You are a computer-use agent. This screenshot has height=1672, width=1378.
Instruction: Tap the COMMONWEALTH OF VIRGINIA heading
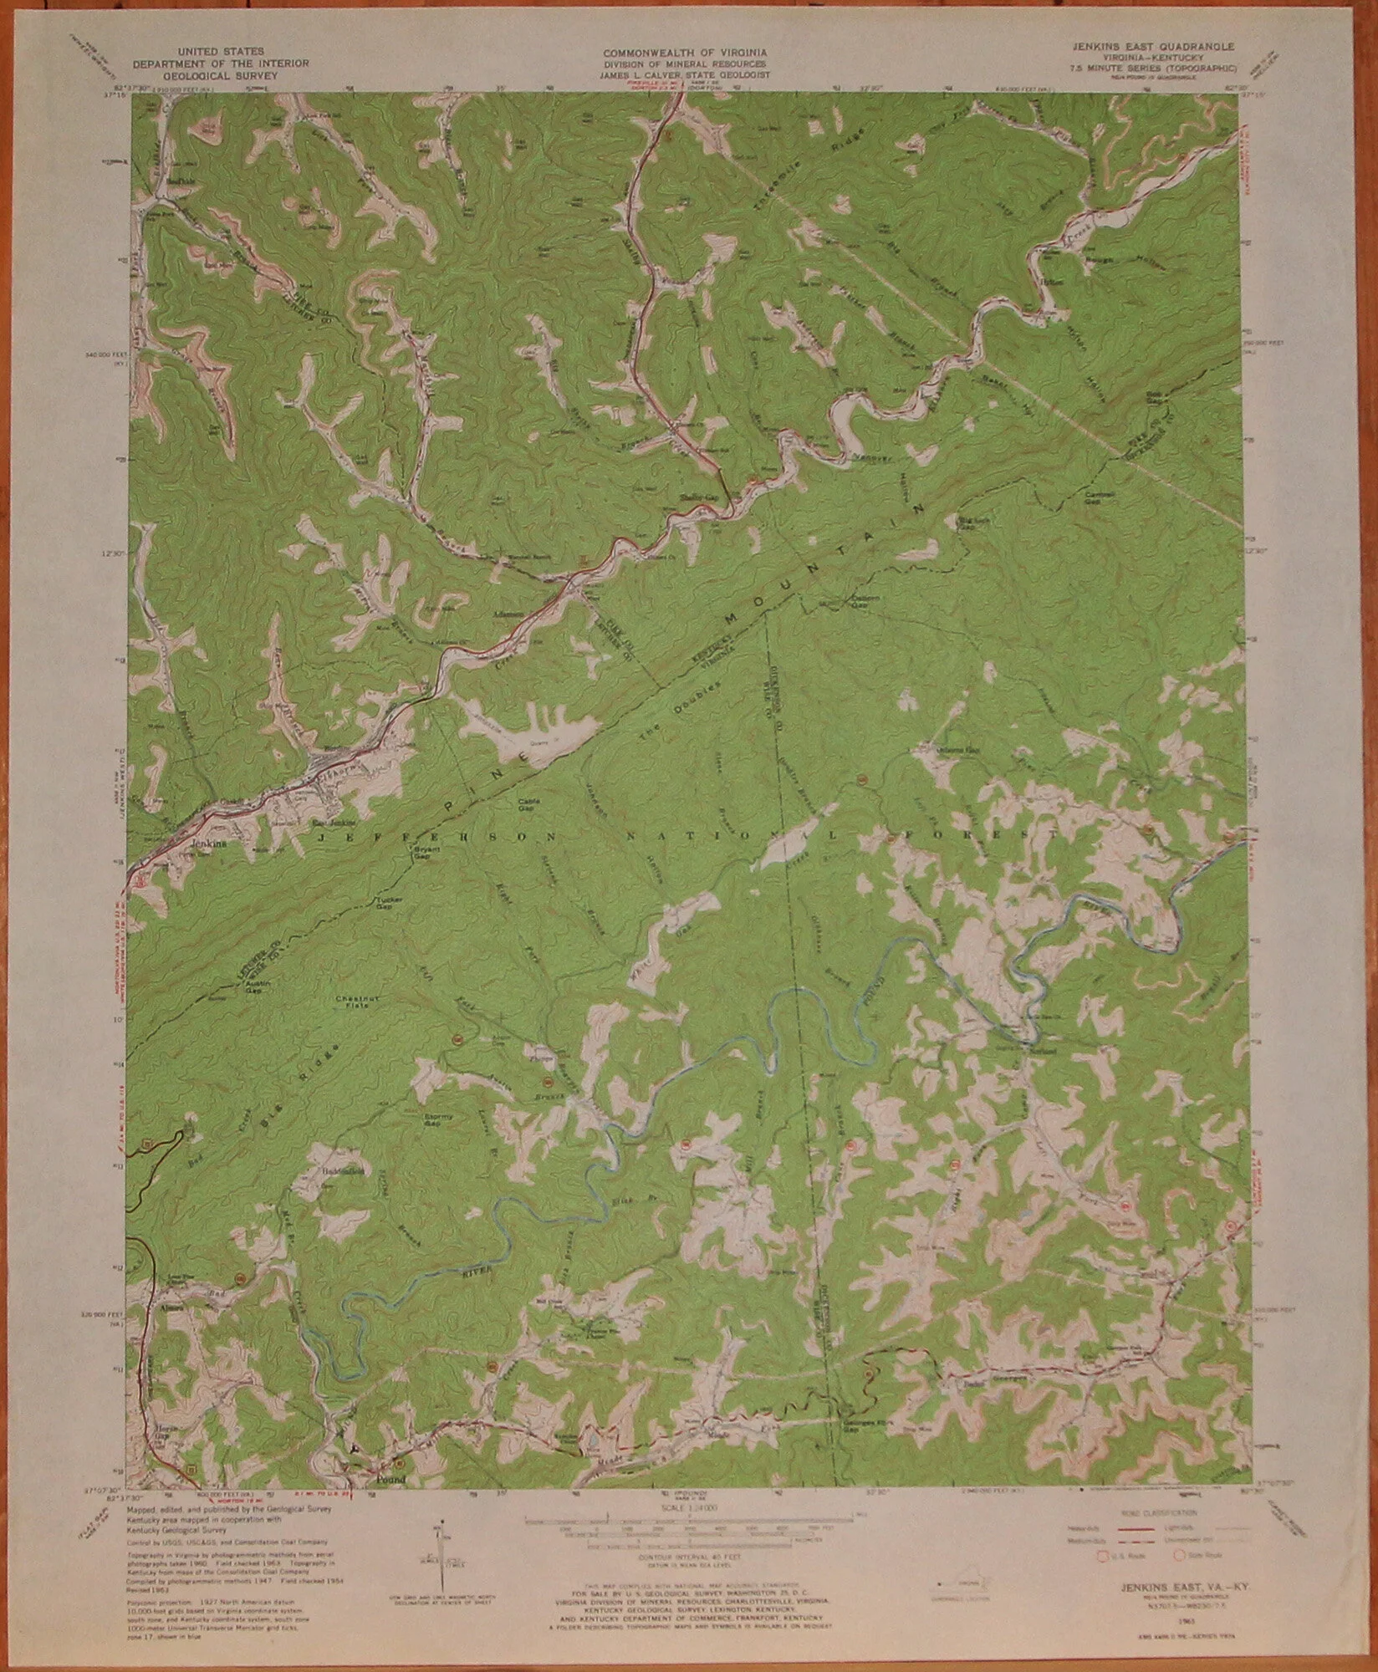tap(688, 53)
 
